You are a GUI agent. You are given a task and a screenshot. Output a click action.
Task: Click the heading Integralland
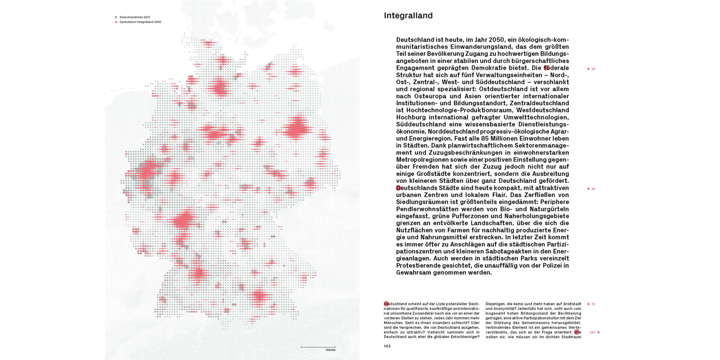click(408, 16)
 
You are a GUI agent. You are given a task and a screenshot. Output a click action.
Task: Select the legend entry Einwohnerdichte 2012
click(134, 17)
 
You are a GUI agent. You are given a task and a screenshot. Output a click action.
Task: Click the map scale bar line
click(318, 346)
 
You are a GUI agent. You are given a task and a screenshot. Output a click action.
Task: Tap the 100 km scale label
click(330, 350)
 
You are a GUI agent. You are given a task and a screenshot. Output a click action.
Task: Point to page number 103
click(387, 346)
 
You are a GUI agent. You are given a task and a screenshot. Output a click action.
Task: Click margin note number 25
click(593, 69)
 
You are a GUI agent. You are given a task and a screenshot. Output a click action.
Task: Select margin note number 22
click(593, 188)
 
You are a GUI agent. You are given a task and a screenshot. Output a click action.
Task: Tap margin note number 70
click(593, 304)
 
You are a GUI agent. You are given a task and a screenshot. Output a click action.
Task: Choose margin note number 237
click(592, 332)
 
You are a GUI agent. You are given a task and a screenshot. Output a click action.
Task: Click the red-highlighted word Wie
click(577, 332)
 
